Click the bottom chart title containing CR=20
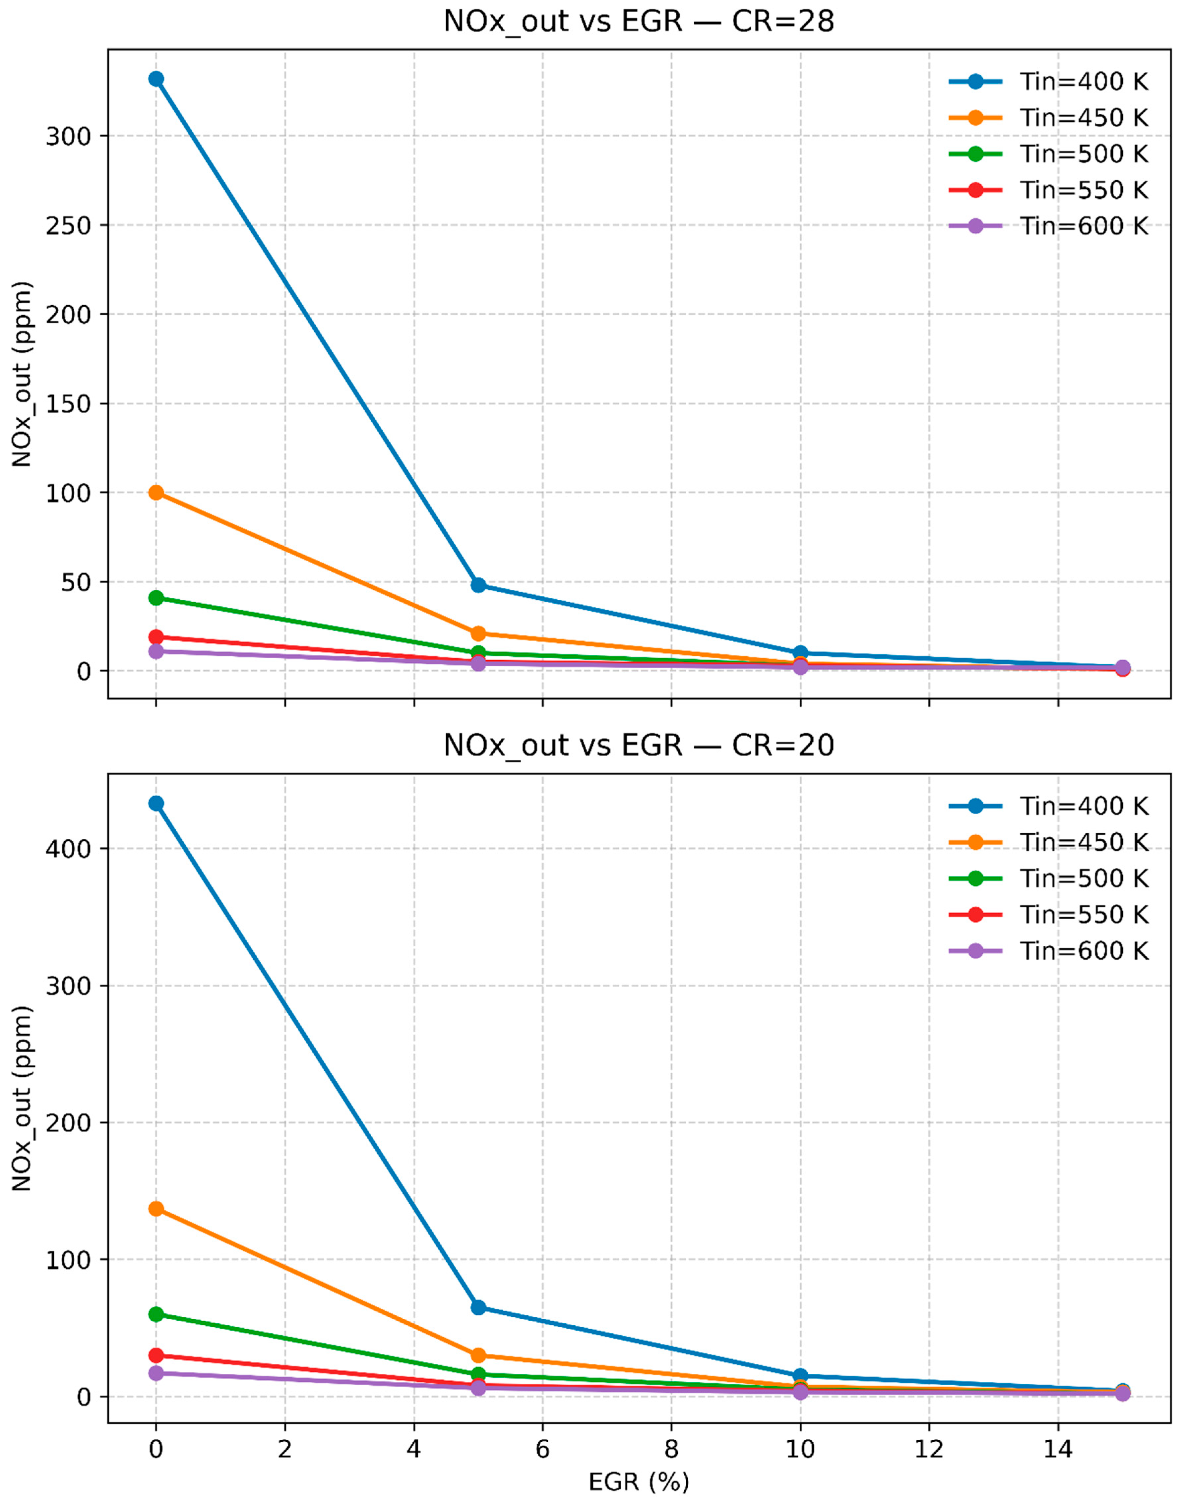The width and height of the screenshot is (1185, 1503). tap(638, 746)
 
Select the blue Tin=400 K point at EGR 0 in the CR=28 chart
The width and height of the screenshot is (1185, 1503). tap(156, 79)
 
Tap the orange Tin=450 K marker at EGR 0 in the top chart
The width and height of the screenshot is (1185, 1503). tap(156, 493)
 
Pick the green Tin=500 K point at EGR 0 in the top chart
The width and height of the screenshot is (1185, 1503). tap(156, 598)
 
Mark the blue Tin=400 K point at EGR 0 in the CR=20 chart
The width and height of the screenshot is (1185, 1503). tap(156, 803)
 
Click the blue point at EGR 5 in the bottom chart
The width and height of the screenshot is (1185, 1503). tap(478, 1307)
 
